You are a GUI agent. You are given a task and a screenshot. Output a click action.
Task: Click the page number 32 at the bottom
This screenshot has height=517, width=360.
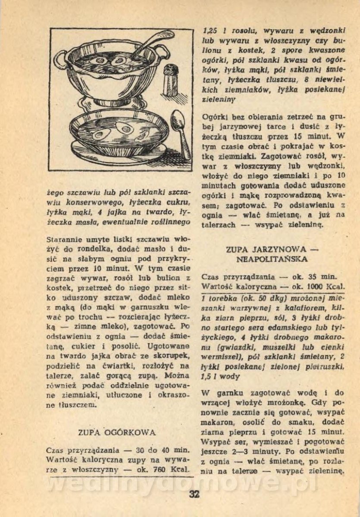coord(194,494)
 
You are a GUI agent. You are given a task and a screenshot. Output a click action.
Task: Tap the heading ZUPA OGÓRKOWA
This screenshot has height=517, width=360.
coord(116,432)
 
